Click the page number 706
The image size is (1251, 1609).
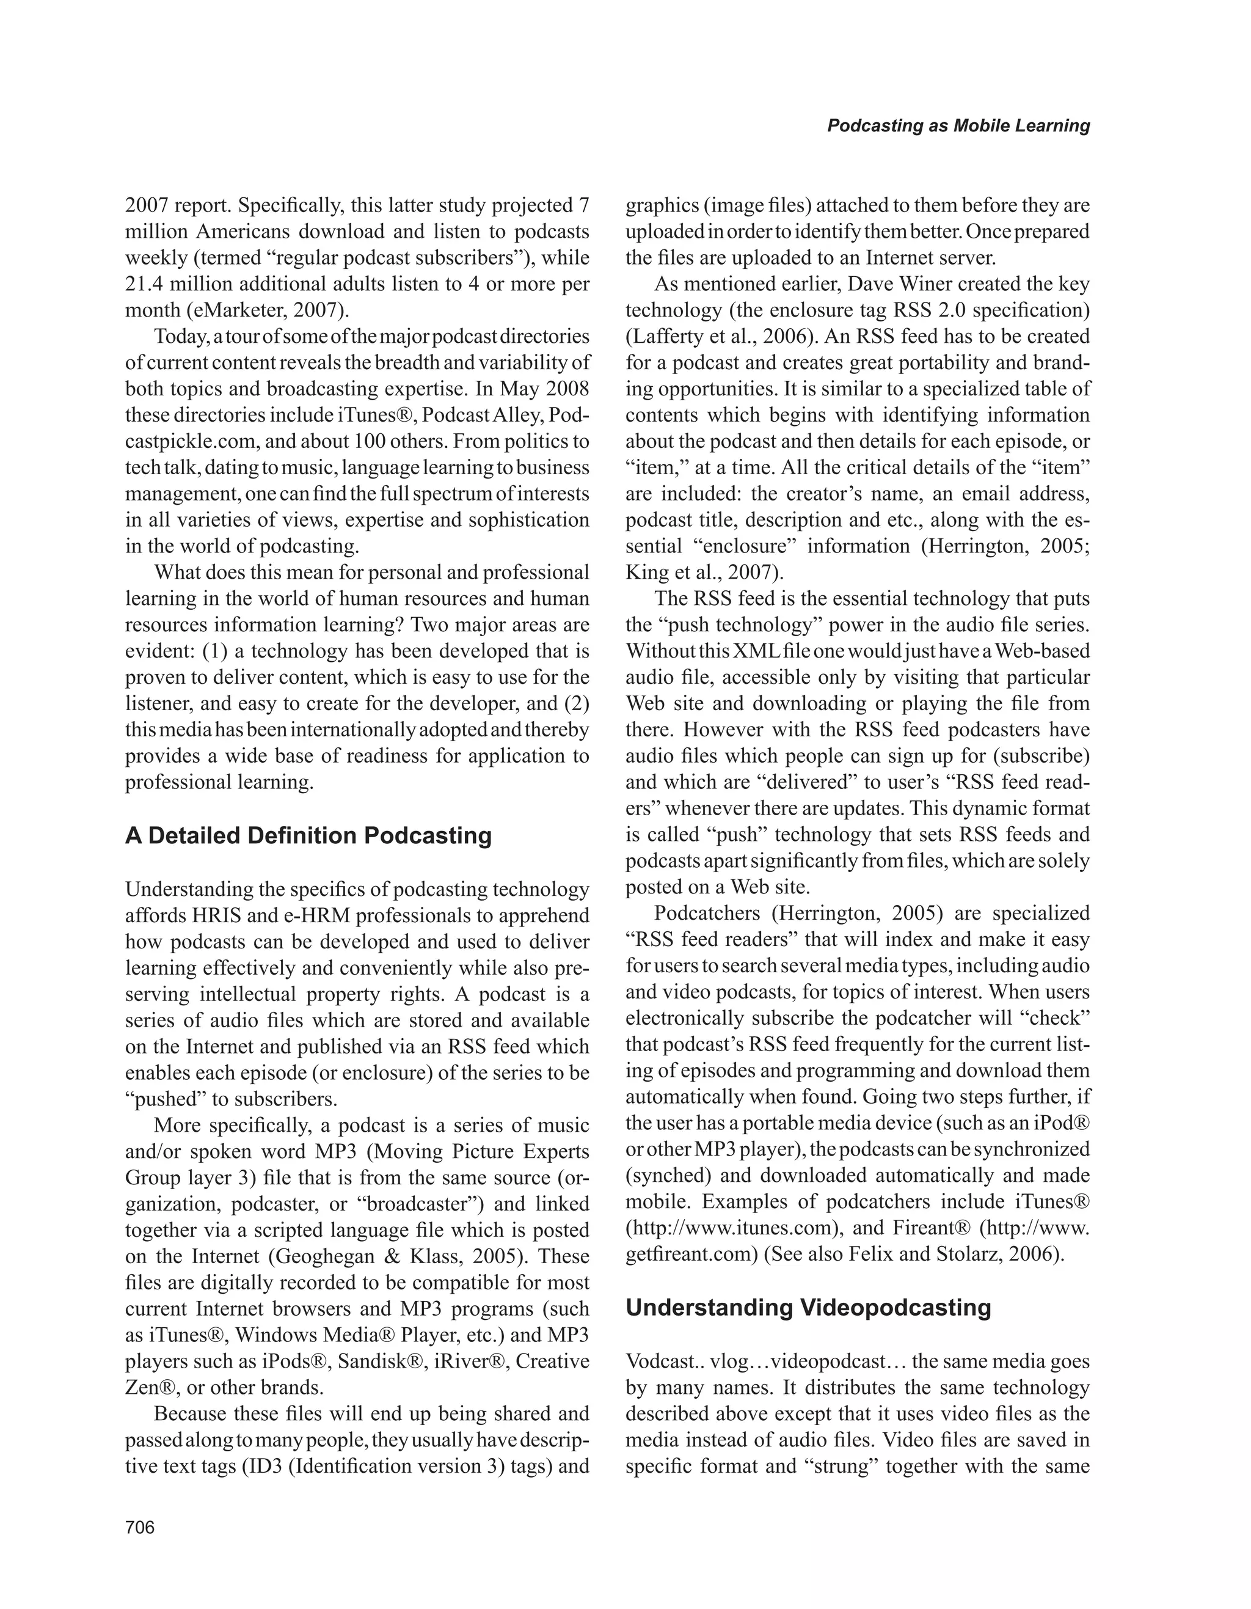coord(140,1527)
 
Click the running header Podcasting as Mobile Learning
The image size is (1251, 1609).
coord(958,125)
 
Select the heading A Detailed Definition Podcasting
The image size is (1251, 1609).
coord(308,835)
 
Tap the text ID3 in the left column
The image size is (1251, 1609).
coord(269,1466)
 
